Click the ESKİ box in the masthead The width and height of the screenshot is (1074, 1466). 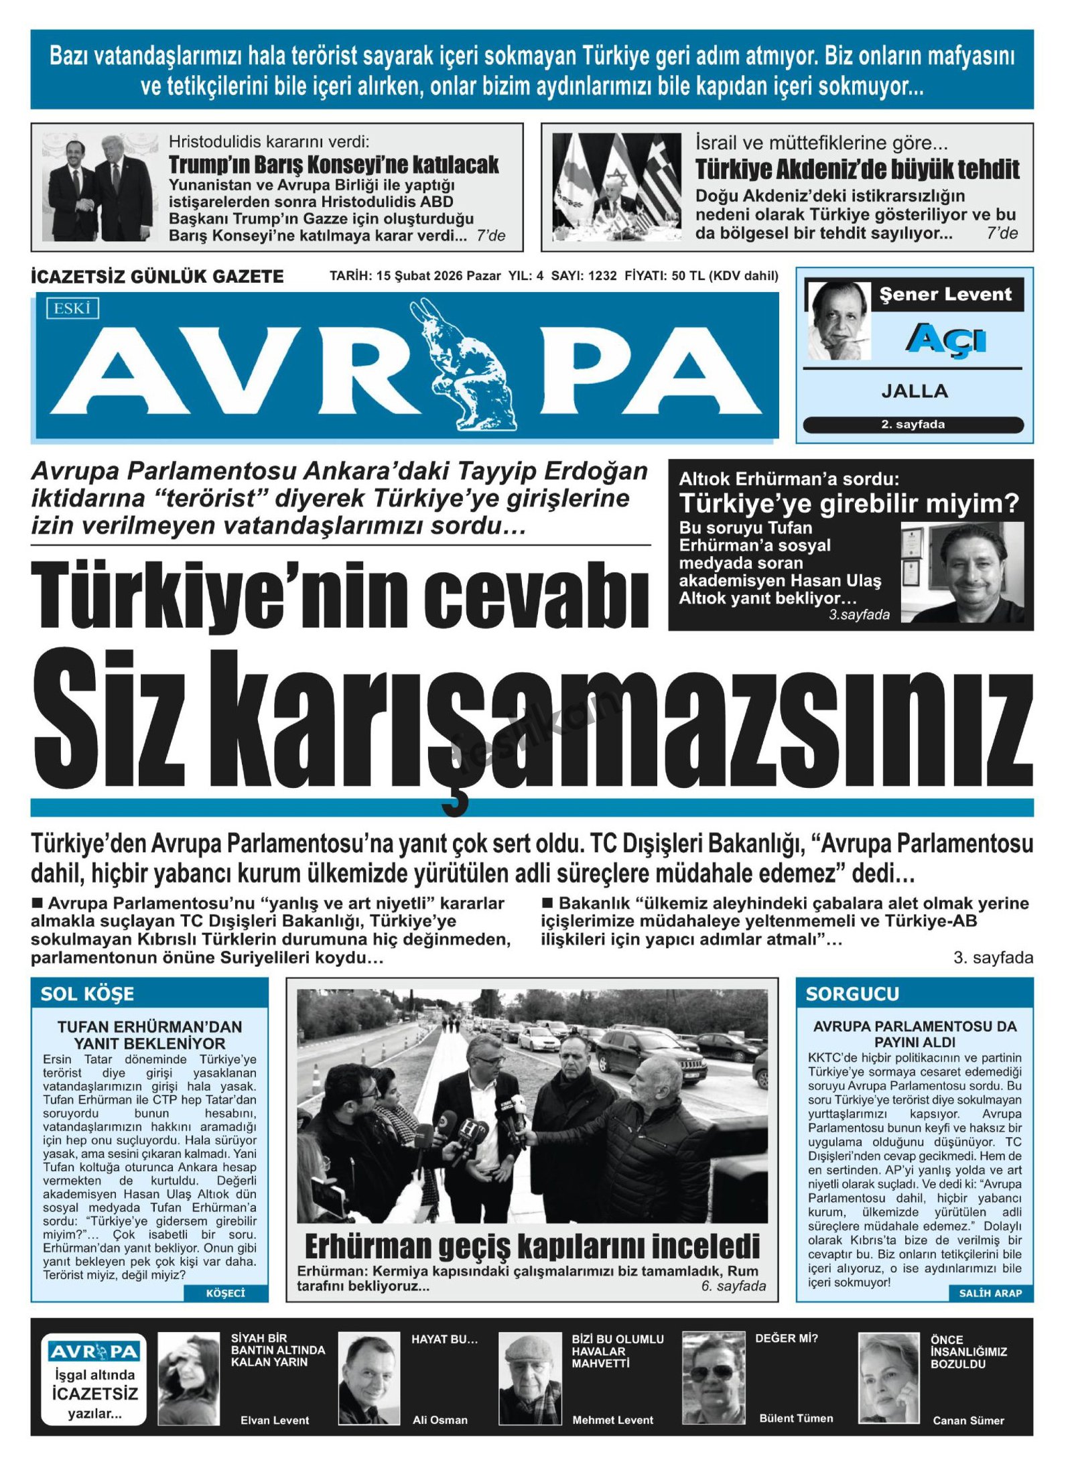(72, 309)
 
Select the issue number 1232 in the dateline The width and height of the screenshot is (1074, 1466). (602, 275)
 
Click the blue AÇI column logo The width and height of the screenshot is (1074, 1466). (945, 339)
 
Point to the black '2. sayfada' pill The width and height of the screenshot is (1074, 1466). (913, 424)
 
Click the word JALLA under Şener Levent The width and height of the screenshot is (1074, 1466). (914, 391)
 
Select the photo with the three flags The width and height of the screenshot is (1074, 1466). (616, 187)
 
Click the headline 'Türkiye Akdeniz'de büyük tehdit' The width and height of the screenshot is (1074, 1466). (857, 170)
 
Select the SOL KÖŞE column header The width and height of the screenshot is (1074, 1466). (87, 994)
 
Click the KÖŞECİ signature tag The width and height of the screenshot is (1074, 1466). (225, 1293)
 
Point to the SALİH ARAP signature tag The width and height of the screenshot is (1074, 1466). (990, 1293)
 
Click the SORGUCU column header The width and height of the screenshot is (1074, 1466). (852, 994)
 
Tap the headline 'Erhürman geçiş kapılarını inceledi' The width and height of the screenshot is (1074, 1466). (532, 1246)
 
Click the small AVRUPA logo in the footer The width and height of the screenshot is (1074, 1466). (94, 1352)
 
